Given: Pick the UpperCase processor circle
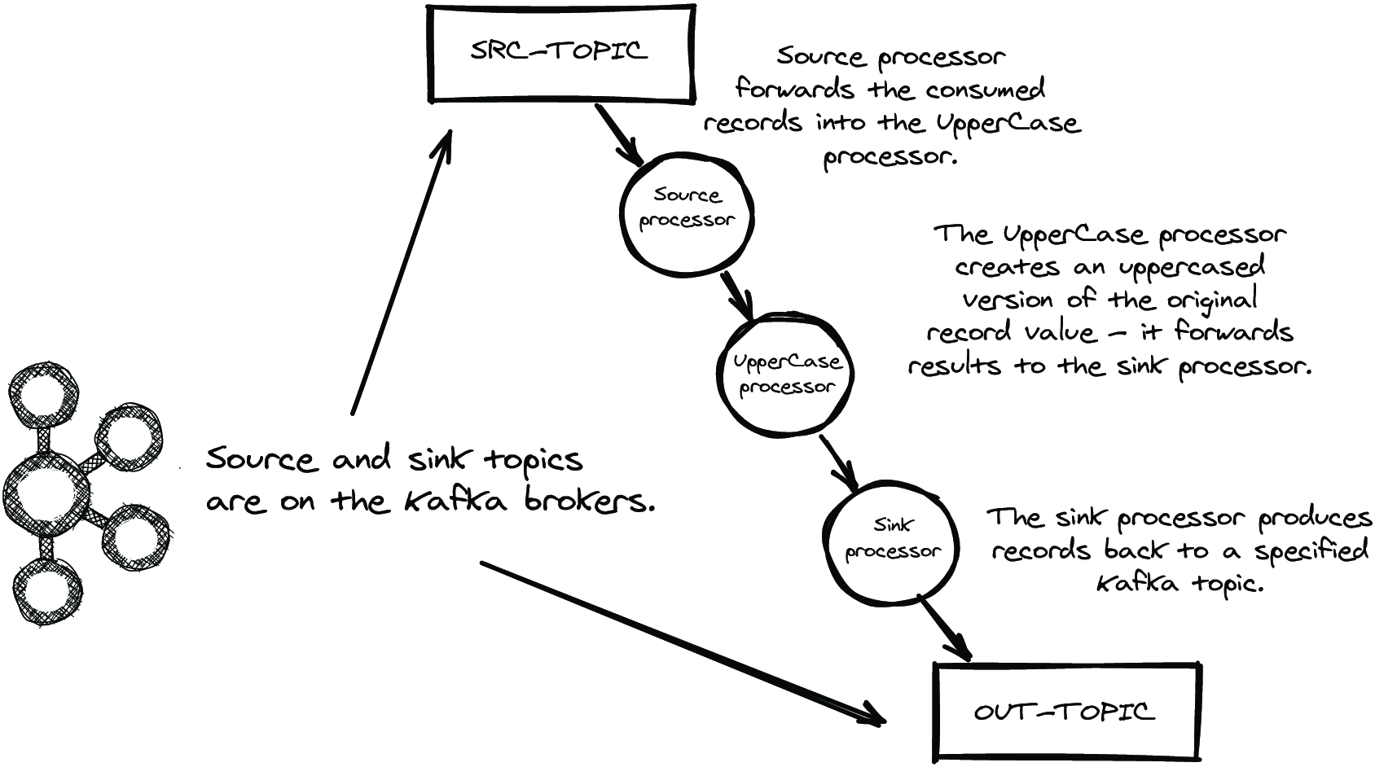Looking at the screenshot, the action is [718, 375].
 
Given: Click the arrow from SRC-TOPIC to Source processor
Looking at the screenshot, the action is [619, 135].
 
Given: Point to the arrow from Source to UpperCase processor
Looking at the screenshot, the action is [736, 296].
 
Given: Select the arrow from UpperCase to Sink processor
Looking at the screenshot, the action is [838, 464].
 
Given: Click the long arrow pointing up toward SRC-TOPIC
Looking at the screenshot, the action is [402, 273].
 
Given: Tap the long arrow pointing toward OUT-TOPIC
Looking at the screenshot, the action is [683, 644].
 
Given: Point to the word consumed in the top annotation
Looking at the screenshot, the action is [985, 90].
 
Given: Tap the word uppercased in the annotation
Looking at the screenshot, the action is [1191, 269].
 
